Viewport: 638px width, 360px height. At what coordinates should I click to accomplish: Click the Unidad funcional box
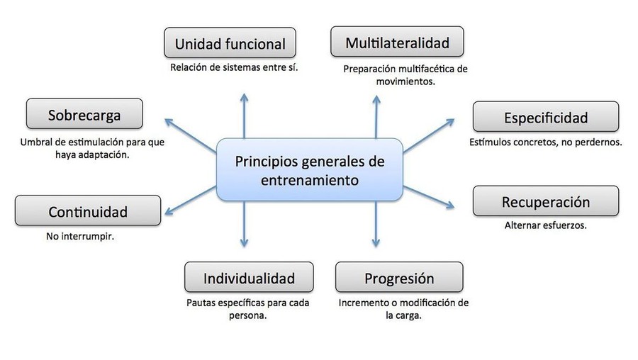[x=230, y=43]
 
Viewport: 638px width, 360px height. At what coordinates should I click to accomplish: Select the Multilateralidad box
[x=397, y=42]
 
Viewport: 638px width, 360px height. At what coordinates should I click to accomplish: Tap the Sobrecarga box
[x=84, y=114]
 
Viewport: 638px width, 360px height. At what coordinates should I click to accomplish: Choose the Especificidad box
[x=546, y=117]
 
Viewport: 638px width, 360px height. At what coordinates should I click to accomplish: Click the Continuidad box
[x=88, y=210]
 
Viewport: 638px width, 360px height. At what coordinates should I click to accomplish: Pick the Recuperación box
[x=546, y=201]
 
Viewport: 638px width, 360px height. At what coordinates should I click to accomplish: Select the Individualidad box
[x=249, y=277]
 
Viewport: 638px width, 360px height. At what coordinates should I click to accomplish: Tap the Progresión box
[x=399, y=277]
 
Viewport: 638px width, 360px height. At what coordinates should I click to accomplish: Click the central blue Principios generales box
[x=310, y=169]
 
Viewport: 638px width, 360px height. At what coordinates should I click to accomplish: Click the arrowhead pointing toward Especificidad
[x=454, y=119]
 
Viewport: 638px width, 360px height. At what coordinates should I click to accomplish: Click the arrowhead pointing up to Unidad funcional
[x=244, y=94]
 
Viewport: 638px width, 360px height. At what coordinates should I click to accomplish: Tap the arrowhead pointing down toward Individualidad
[x=244, y=247]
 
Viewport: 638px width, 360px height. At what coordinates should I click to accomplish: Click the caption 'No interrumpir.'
[x=80, y=237]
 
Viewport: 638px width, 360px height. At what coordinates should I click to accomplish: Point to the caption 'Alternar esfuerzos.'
[x=546, y=225]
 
